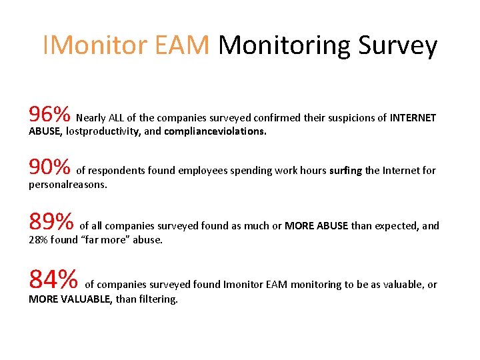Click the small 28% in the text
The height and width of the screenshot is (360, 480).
point(39,240)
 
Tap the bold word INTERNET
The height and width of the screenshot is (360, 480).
point(413,118)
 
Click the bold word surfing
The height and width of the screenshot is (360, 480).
point(345,171)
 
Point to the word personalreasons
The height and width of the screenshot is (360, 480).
point(67,184)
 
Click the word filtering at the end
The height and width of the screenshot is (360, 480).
point(158,299)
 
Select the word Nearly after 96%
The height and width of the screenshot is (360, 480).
point(91,118)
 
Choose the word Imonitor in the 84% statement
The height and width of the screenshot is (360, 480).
point(245,285)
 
